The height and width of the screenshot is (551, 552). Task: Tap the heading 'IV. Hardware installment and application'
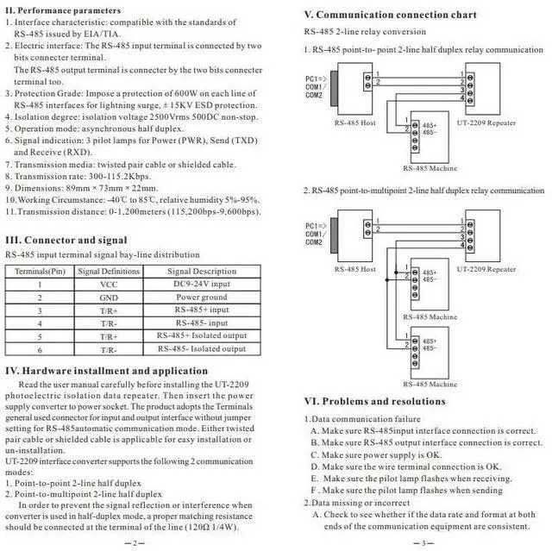click(107, 371)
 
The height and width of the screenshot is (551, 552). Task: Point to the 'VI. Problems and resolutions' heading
click(375, 401)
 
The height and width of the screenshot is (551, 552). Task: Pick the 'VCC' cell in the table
click(109, 284)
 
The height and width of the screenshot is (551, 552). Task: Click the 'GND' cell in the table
click(109, 297)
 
